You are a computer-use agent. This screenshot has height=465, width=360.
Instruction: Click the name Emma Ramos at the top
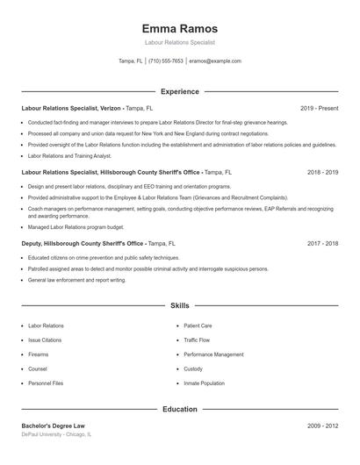pyautogui.click(x=180, y=28)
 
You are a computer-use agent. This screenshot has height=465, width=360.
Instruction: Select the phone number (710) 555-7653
pyautogui.click(x=166, y=61)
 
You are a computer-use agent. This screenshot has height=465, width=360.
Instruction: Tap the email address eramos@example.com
pyautogui.click(x=214, y=61)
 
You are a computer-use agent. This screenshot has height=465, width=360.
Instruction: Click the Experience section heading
pyautogui.click(x=180, y=91)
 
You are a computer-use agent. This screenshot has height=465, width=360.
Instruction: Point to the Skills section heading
pyautogui.click(x=180, y=305)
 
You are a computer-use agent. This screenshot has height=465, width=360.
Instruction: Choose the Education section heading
pyautogui.click(x=180, y=409)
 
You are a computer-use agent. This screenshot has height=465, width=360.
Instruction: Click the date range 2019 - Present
pyautogui.click(x=319, y=108)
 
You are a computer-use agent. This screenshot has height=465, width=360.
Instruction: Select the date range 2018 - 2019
pyautogui.click(x=322, y=173)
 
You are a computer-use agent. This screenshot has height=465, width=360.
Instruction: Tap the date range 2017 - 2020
pyautogui.click(x=322, y=243)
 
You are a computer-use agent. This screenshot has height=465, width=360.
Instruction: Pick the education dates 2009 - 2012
pyautogui.click(x=322, y=426)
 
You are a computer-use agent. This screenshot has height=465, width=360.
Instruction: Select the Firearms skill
pyautogui.click(x=38, y=354)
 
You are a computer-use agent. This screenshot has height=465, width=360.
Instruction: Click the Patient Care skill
pyautogui.click(x=198, y=325)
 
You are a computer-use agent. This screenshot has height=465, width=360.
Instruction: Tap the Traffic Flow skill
pyautogui.click(x=198, y=340)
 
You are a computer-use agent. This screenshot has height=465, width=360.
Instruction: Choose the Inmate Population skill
pyautogui.click(x=203, y=383)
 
